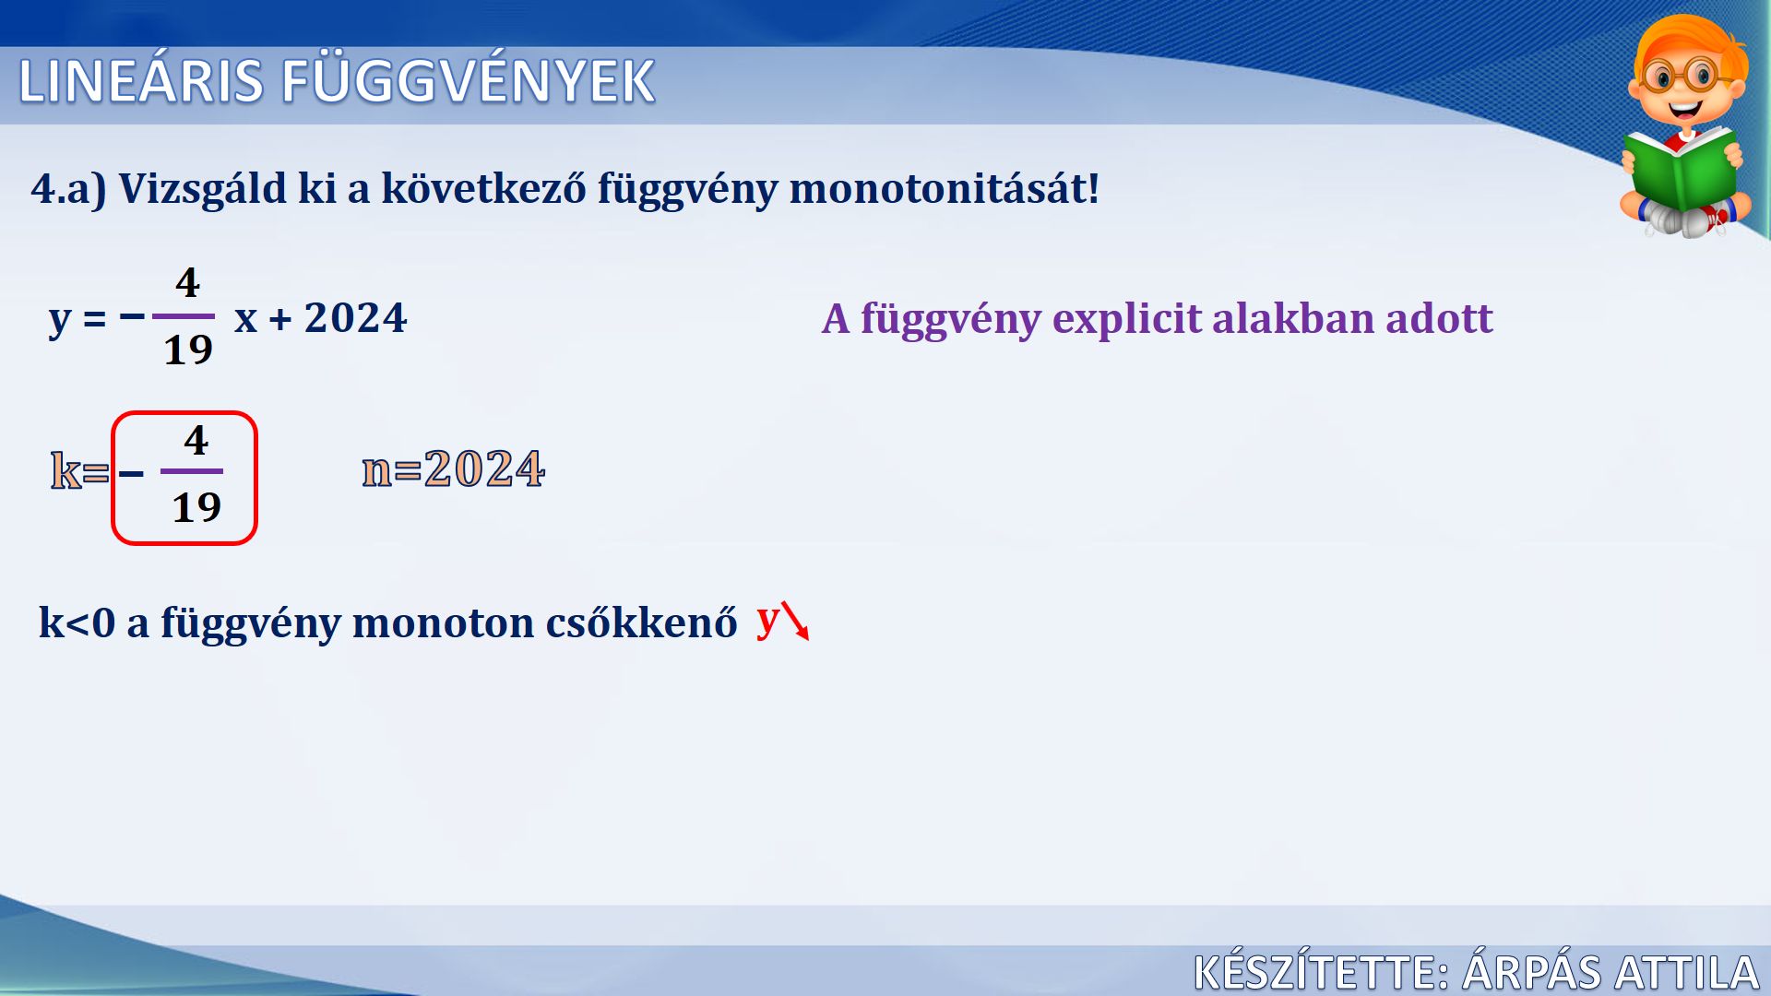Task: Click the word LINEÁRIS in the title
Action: point(141,81)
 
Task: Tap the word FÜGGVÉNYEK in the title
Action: point(468,80)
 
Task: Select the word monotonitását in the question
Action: point(944,188)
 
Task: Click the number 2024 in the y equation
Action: point(355,318)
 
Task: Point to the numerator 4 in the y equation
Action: point(187,282)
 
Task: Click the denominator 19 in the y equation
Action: point(188,350)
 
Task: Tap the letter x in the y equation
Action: point(246,320)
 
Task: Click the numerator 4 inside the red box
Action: point(196,440)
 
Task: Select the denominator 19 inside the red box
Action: point(196,507)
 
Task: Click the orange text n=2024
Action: point(453,468)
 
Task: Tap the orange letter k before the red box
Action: point(65,470)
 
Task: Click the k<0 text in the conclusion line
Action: point(77,622)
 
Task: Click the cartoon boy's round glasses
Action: point(1684,76)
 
